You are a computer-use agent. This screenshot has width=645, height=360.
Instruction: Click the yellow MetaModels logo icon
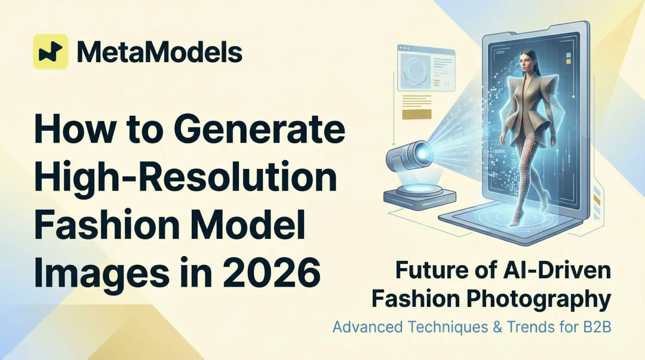pyautogui.click(x=50, y=51)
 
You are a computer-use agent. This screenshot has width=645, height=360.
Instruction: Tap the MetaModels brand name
pyautogui.click(x=159, y=52)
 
